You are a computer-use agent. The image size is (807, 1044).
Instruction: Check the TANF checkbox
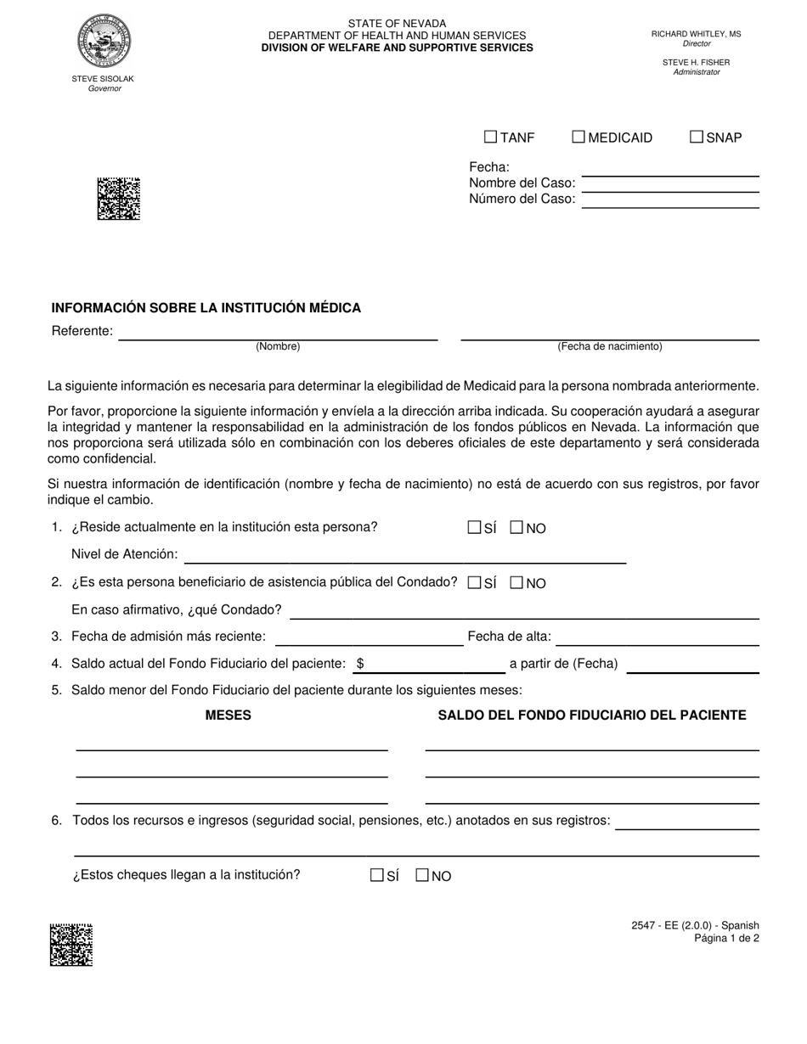click(490, 137)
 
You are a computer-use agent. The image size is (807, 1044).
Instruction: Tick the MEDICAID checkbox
click(578, 137)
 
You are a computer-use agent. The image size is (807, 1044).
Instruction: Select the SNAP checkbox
click(697, 137)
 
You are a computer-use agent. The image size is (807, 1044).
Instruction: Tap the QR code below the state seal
click(118, 199)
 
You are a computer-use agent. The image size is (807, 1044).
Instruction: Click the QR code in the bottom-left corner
click(71, 945)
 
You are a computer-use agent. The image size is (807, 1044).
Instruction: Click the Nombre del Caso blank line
click(669, 182)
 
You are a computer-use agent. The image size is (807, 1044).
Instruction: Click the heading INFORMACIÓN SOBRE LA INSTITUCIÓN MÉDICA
click(206, 307)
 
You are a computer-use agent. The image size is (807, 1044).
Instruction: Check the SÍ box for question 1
click(474, 528)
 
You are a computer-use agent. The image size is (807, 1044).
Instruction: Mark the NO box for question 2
click(516, 583)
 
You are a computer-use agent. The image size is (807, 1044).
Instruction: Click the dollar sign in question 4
click(361, 664)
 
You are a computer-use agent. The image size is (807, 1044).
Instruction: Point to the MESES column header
click(228, 715)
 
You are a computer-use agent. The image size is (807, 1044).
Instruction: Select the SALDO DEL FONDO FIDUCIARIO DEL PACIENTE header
click(592, 715)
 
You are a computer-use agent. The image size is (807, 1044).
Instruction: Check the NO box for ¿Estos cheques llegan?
click(422, 876)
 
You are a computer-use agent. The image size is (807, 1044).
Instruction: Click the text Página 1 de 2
click(726, 938)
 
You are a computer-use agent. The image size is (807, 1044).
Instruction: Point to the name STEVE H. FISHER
click(696, 62)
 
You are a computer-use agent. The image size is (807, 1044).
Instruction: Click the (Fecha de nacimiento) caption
click(610, 346)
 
